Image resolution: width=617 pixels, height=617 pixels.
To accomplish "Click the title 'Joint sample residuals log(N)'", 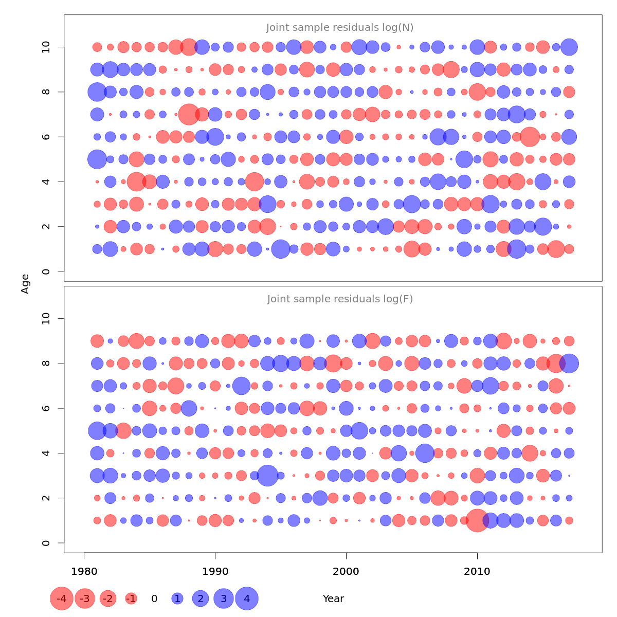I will pyautogui.click(x=340, y=28).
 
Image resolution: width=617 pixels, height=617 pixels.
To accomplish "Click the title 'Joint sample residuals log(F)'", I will pyautogui.click(x=340, y=299).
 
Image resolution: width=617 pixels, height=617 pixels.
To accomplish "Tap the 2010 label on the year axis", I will pyautogui.click(x=477, y=571).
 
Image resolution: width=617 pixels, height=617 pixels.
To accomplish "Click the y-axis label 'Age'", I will pyautogui.click(x=25, y=284).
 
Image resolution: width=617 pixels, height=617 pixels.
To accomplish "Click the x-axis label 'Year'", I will pyautogui.click(x=333, y=598).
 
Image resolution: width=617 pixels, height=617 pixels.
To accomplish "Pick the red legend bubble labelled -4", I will pyautogui.click(x=62, y=598).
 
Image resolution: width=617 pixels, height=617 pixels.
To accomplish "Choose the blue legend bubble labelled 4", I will pyautogui.click(x=247, y=598).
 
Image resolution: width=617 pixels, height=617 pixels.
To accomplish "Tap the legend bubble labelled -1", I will pyautogui.click(x=131, y=598).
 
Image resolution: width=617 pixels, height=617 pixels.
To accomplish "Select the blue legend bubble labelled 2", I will pyautogui.click(x=201, y=598).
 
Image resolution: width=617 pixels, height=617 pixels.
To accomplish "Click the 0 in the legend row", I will pyautogui.click(x=154, y=598).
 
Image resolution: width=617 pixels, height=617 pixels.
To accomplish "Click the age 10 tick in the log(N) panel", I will pyautogui.click(x=46, y=47).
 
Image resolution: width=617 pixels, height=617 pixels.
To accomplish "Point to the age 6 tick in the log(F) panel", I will pyautogui.click(x=46, y=408).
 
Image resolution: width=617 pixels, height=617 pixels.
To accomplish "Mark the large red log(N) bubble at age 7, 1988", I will pyautogui.click(x=189, y=114).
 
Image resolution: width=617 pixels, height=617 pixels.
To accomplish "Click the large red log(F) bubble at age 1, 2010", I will pyautogui.click(x=477, y=520).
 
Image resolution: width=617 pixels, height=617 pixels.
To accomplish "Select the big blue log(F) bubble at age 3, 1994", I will pyautogui.click(x=267, y=476).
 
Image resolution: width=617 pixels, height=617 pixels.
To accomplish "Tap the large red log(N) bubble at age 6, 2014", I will pyautogui.click(x=530, y=137).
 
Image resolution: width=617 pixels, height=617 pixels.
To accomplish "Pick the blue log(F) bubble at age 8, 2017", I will pyautogui.click(x=569, y=364).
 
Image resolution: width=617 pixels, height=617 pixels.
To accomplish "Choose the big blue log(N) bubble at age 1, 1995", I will pyautogui.click(x=281, y=249).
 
